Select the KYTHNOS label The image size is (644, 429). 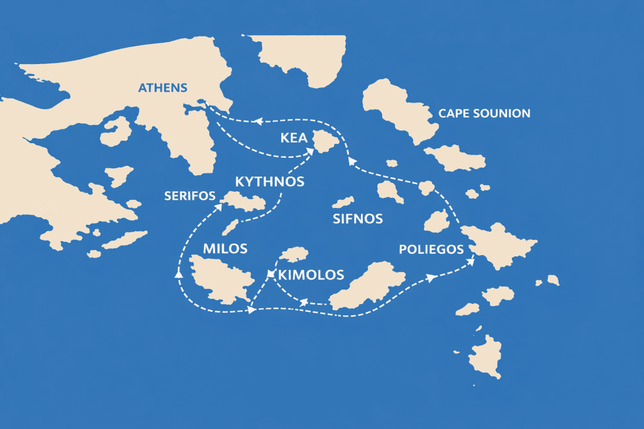[x=269, y=182]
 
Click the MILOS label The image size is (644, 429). [x=225, y=248]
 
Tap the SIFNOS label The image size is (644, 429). [x=357, y=219]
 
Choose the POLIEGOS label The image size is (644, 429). [x=431, y=249]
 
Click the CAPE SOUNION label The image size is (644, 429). [x=484, y=114]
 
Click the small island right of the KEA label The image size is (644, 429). [x=326, y=142]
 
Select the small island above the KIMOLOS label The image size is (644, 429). [x=293, y=254]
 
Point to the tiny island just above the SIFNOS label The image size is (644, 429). [x=343, y=202]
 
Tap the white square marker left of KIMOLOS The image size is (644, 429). [x=270, y=274]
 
